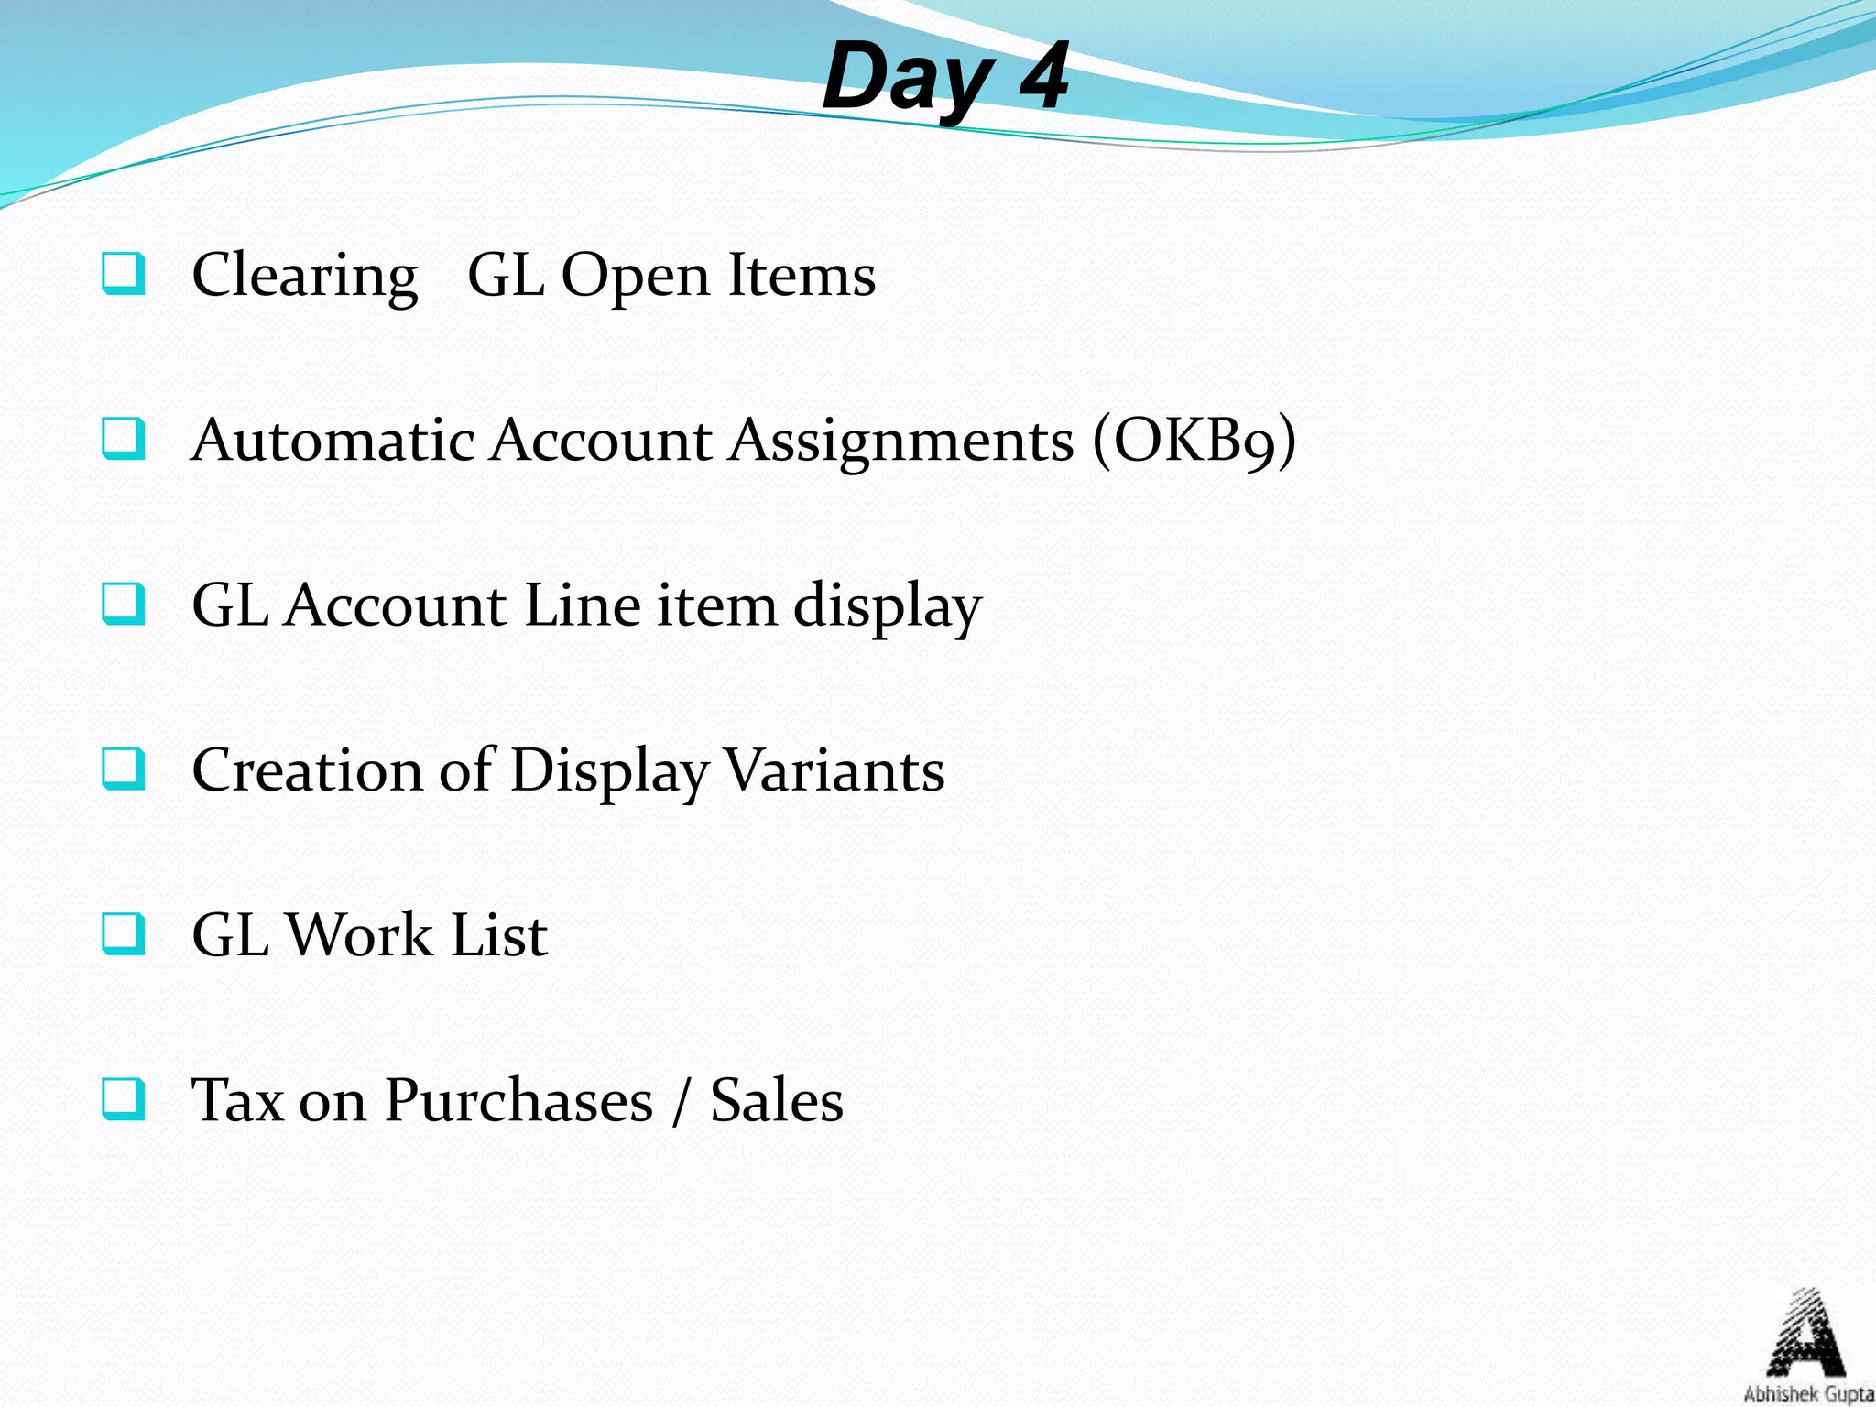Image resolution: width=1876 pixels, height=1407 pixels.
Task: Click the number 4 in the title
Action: click(x=1043, y=77)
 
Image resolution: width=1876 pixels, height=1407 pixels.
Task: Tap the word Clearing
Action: click(x=305, y=276)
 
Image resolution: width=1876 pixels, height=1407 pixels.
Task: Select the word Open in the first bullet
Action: click(x=635, y=278)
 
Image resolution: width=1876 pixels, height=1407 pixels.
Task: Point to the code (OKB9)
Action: click(x=1194, y=442)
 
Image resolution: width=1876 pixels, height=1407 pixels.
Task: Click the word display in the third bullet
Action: click(x=888, y=607)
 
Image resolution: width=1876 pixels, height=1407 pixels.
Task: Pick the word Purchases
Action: click(x=518, y=1100)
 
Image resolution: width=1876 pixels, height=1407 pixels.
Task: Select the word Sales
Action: click(x=777, y=1100)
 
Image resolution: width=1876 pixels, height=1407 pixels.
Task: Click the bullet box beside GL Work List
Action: click(x=123, y=933)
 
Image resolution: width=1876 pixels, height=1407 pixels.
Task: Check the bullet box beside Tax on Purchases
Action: click(x=123, y=1098)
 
